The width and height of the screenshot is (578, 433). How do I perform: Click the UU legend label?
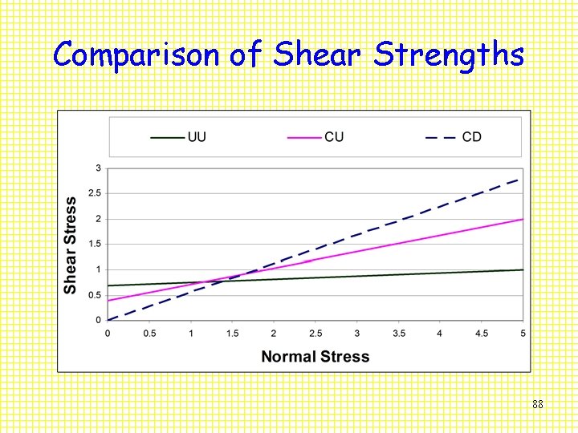(197, 137)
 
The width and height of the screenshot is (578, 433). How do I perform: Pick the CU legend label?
(334, 137)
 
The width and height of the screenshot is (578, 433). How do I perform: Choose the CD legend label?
(472, 137)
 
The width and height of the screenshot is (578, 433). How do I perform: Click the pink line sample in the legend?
(304, 137)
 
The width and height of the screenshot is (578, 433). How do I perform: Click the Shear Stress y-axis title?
(71, 245)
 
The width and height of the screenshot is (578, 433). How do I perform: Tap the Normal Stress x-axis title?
(315, 357)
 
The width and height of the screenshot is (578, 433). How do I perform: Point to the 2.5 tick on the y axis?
(95, 193)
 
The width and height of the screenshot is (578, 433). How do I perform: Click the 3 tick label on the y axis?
(98, 168)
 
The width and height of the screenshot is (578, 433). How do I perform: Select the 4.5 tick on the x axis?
(482, 332)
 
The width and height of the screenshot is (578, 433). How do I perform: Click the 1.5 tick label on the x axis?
(232, 332)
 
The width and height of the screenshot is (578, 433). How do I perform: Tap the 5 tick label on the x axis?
(523, 332)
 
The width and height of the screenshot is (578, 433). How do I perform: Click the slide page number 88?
(538, 405)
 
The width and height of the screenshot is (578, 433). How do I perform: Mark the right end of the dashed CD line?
(520, 179)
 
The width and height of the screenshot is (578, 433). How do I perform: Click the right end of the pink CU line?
(523, 219)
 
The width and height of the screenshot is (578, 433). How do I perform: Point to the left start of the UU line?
(108, 285)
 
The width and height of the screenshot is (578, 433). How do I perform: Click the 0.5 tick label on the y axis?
(95, 295)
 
